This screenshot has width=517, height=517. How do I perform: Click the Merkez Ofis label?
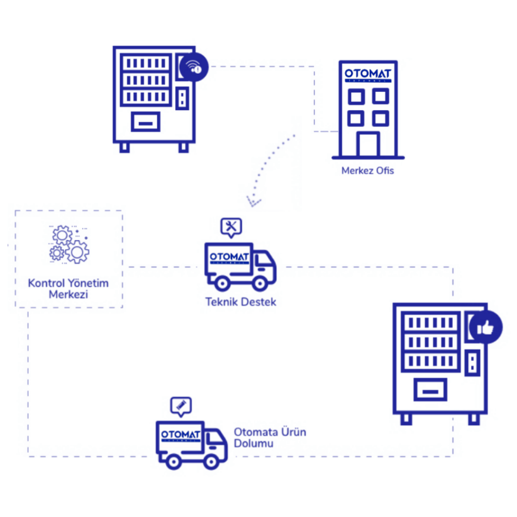tap(368, 171)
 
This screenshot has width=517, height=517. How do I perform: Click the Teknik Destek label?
tap(241, 302)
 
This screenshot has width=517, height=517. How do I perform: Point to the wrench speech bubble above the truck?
tap(231, 227)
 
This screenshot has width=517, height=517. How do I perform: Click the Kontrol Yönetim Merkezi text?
tap(68, 288)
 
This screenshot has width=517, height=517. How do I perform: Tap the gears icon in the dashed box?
tap(69, 244)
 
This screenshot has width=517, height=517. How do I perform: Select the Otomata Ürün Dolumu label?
tap(270, 438)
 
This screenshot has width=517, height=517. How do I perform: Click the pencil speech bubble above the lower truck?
tap(181, 405)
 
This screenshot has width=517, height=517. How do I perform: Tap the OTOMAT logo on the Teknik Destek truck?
tap(229, 258)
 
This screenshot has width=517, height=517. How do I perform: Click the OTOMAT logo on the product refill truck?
tap(181, 435)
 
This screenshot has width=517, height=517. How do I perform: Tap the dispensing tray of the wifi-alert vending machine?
tap(145, 122)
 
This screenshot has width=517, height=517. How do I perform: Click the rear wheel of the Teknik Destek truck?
tap(222, 283)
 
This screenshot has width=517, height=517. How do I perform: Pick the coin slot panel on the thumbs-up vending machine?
tap(473, 363)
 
